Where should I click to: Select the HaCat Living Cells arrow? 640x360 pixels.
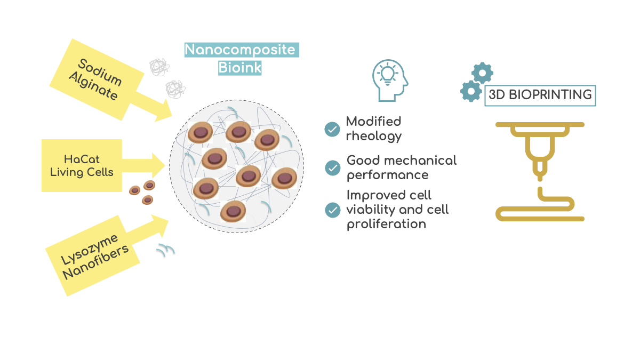[x=83, y=165]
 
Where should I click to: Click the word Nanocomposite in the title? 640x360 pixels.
[x=240, y=50]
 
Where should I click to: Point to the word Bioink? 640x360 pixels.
[x=240, y=68]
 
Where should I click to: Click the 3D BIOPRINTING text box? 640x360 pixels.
[x=540, y=95]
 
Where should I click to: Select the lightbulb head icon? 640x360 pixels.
[x=389, y=81]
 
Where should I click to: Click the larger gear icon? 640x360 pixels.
[x=471, y=91]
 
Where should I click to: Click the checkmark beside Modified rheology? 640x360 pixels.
[x=332, y=129]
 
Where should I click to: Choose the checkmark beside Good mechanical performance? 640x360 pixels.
[x=333, y=167]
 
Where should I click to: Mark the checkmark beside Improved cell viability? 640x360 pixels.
[x=333, y=210]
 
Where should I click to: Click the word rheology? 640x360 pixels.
[x=374, y=136]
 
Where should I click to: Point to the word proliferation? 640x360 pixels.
[x=386, y=224]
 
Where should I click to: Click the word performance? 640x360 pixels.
[x=387, y=175]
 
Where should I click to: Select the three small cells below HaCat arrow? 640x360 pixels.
[x=143, y=192]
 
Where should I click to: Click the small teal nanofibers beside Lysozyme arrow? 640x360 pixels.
[x=165, y=249]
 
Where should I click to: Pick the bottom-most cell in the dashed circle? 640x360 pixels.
[x=233, y=211]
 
